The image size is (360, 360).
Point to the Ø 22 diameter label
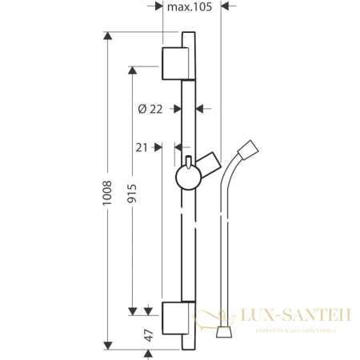(151, 109)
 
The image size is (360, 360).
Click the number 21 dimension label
(142, 146)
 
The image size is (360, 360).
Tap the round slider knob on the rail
(187, 175)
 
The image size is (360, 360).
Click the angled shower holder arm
(209, 165)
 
